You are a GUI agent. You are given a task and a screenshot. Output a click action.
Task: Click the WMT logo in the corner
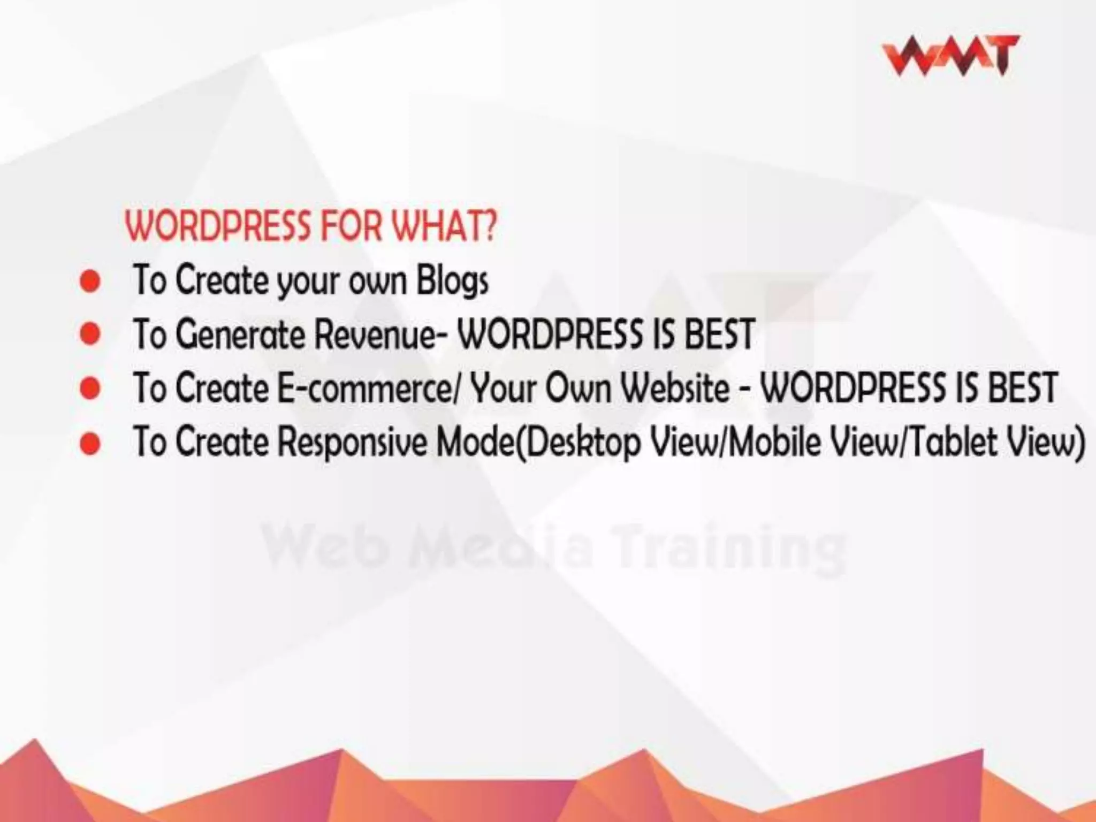(x=950, y=56)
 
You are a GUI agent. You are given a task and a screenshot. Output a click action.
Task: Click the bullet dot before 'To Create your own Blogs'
(x=90, y=281)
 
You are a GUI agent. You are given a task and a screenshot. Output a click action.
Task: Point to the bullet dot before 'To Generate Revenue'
(x=90, y=334)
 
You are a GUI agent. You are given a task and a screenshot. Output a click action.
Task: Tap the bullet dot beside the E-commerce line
(x=90, y=388)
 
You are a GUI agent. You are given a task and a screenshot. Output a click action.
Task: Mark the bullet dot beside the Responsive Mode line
(x=90, y=443)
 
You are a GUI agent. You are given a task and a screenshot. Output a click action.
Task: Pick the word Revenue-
(x=382, y=334)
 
